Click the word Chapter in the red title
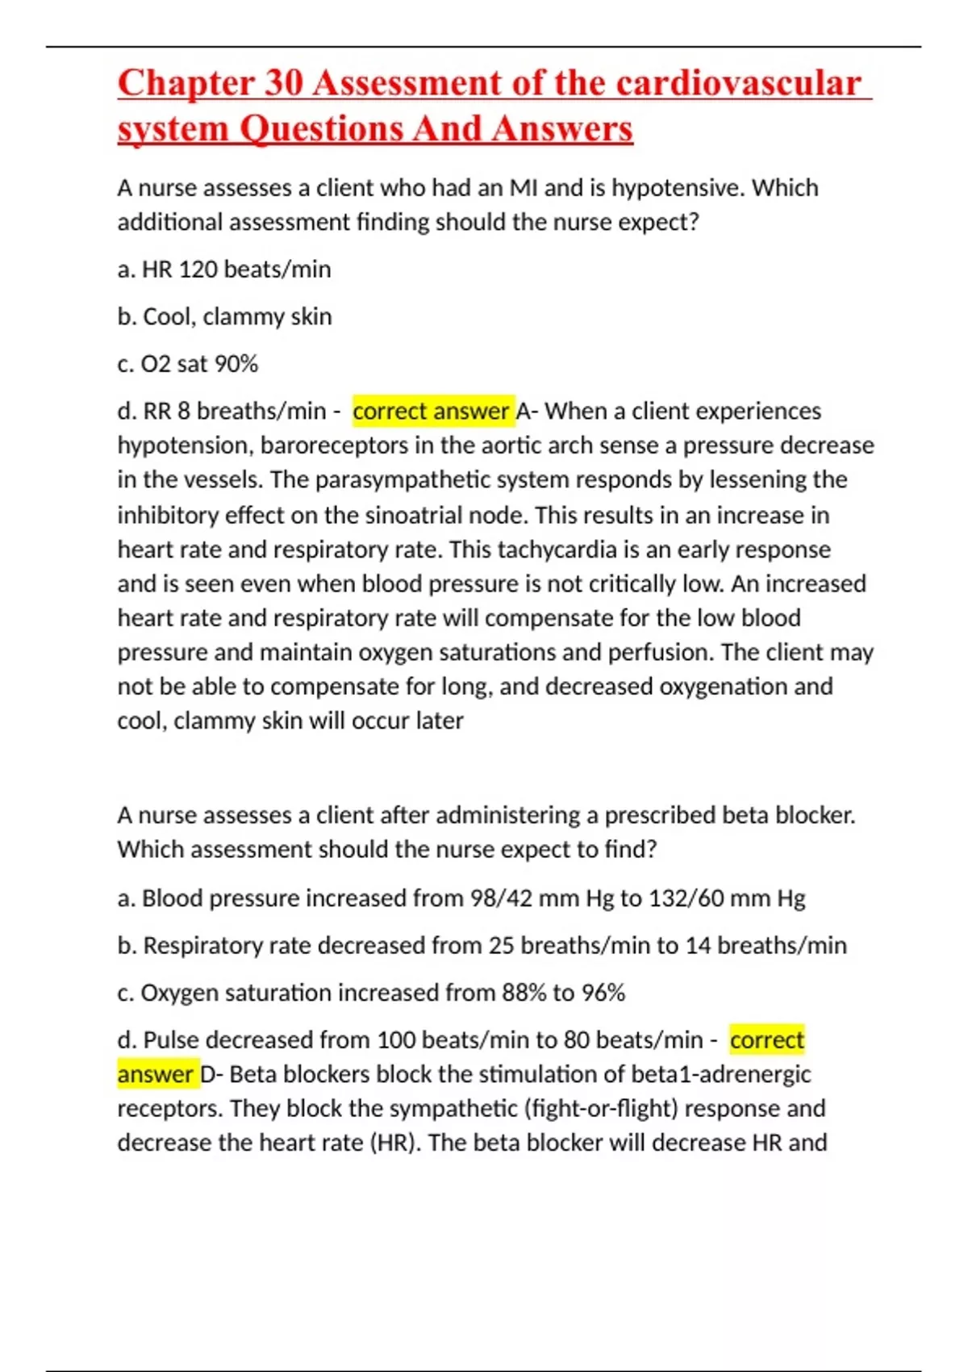coord(185,84)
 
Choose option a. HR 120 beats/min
coord(224,270)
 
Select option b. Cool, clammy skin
coord(224,316)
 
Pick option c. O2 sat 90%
coord(188,364)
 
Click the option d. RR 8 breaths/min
coord(222,412)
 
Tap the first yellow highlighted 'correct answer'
coord(432,412)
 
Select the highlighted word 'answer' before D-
coord(156,1075)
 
